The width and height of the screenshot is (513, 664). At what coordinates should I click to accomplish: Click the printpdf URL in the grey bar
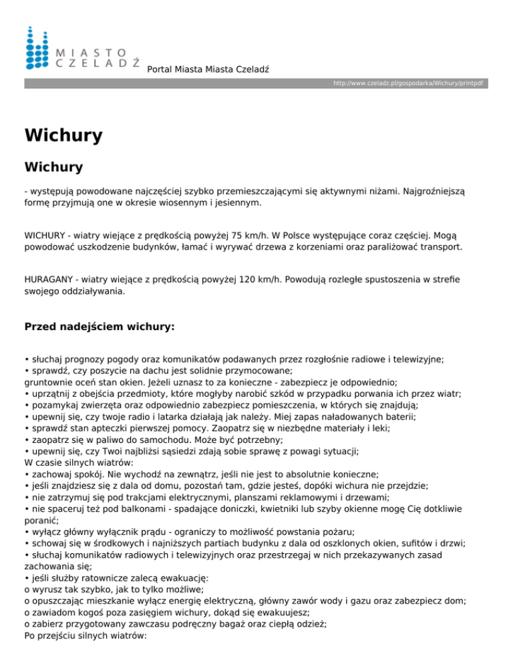click(x=409, y=84)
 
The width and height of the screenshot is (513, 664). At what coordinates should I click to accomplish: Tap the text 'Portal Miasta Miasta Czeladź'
click(x=208, y=69)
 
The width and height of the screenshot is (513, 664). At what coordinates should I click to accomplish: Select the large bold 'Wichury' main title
click(x=63, y=136)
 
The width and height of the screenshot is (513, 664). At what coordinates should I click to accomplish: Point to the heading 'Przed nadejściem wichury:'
click(x=99, y=327)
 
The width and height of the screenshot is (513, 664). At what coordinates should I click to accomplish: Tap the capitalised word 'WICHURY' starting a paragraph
click(x=47, y=235)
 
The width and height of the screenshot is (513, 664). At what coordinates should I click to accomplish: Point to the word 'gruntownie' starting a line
click(x=49, y=382)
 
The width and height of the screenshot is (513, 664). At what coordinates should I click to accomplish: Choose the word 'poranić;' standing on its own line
click(x=41, y=503)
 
